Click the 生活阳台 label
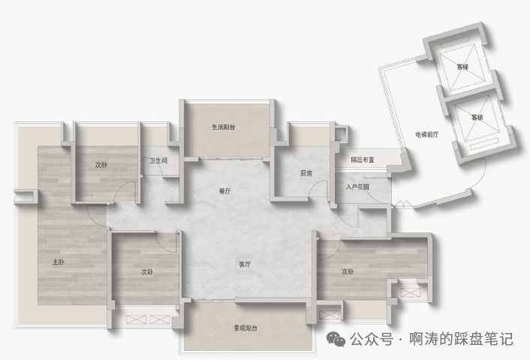click(224, 127)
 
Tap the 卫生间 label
click(158, 160)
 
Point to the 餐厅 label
click(224, 191)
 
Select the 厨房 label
click(306, 173)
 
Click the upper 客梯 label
click(462, 67)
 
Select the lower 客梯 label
click(477, 117)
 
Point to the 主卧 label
click(59, 262)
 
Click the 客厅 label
click(245, 264)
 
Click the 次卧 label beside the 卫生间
click(101, 164)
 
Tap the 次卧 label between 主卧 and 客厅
click(147, 271)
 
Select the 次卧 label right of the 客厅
click(348, 271)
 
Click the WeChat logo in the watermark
click(338, 338)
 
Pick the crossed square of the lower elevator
click(477, 120)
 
